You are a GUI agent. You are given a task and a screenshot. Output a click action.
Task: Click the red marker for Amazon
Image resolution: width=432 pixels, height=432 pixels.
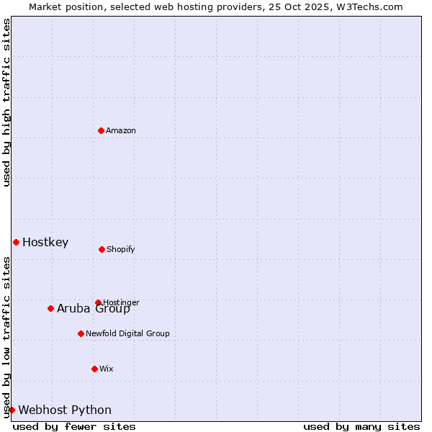point(101,130)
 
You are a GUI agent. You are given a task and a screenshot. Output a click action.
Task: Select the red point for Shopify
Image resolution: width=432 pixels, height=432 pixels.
point(102,249)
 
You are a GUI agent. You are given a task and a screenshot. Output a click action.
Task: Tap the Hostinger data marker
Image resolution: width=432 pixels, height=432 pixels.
point(98,302)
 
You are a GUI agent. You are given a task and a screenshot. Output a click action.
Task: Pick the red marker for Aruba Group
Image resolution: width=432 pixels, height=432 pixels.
point(50,308)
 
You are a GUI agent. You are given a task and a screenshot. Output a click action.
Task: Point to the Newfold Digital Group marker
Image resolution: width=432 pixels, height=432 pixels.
point(81,333)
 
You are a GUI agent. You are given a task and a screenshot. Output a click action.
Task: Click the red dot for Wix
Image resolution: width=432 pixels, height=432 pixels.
point(94,369)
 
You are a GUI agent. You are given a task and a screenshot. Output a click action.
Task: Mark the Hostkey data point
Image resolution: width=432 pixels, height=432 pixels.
point(16,242)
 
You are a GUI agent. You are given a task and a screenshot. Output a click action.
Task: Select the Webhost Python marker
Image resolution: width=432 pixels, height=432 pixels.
point(12,410)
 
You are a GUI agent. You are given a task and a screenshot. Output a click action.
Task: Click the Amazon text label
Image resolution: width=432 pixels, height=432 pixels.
point(121,130)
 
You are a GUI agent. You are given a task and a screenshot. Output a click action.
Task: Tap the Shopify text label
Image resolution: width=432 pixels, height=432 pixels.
point(121,249)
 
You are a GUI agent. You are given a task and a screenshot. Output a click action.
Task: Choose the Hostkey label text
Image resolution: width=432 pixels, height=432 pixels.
point(45,242)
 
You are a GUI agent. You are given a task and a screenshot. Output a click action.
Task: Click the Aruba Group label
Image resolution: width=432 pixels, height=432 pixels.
point(94,309)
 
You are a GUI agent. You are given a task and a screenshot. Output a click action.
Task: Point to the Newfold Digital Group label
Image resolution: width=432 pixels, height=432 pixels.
point(128,333)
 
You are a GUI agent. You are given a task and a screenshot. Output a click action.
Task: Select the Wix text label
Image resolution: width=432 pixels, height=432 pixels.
point(107,369)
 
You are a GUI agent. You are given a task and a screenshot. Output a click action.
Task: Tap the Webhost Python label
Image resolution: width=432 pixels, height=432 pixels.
point(65,410)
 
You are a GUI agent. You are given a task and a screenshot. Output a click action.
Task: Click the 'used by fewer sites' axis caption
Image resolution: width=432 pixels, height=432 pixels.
point(74,426)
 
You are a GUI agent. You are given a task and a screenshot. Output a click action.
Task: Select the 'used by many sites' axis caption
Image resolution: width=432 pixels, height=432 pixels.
point(361,426)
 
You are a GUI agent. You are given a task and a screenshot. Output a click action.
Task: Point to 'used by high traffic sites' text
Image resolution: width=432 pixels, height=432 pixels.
point(6,102)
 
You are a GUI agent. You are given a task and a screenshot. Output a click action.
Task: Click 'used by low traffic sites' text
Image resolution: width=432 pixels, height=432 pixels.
point(6,337)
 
